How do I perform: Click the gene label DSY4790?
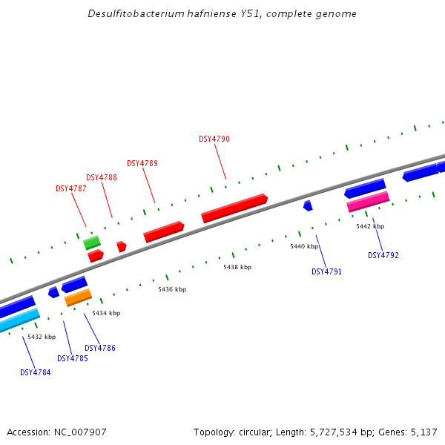click(214, 139)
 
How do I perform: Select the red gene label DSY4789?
click(142, 163)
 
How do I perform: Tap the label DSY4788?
click(102, 177)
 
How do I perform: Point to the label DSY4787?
click(71, 188)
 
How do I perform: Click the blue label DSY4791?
click(326, 271)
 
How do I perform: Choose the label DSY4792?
click(383, 255)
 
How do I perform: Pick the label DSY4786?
click(100, 348)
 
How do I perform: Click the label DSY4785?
click(73, 358)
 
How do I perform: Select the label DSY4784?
click(36, 372)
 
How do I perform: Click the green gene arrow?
click(92, 242)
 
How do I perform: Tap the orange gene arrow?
click(78, 297)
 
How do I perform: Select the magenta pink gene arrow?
click(368, 201)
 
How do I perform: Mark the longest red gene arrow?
click(234, 208)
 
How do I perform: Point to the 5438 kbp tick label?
click(237, 267)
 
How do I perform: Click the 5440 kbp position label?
click(304, 246)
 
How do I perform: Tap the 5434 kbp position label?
click(106, 313)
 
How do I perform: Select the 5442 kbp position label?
click(370, 226)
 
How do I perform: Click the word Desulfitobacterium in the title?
click(130, 14)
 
